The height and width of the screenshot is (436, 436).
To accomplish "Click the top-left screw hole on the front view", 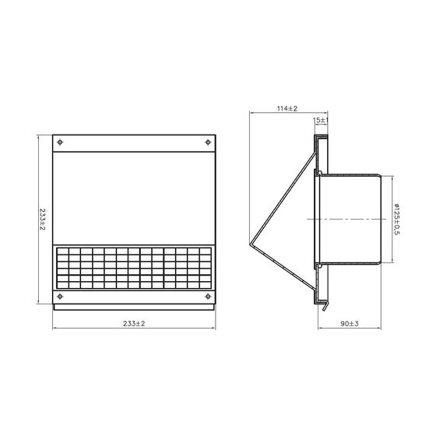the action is point(60,142).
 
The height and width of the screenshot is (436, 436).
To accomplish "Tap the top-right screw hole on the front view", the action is point(208,142).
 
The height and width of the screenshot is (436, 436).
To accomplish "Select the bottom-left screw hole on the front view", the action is point(60,297).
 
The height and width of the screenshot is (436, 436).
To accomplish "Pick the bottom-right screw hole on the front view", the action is point(208,297).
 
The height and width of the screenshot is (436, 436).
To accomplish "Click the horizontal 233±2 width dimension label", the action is point(134,324).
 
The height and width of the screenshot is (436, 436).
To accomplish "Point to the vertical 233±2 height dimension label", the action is point(42,220).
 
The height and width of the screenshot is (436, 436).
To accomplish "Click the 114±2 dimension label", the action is point(287,108).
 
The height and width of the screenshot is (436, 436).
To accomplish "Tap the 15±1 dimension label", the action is point(321,121).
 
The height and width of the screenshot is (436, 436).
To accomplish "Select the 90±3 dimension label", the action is point(350,324).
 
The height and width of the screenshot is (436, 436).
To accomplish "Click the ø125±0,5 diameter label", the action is point(397,220).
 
